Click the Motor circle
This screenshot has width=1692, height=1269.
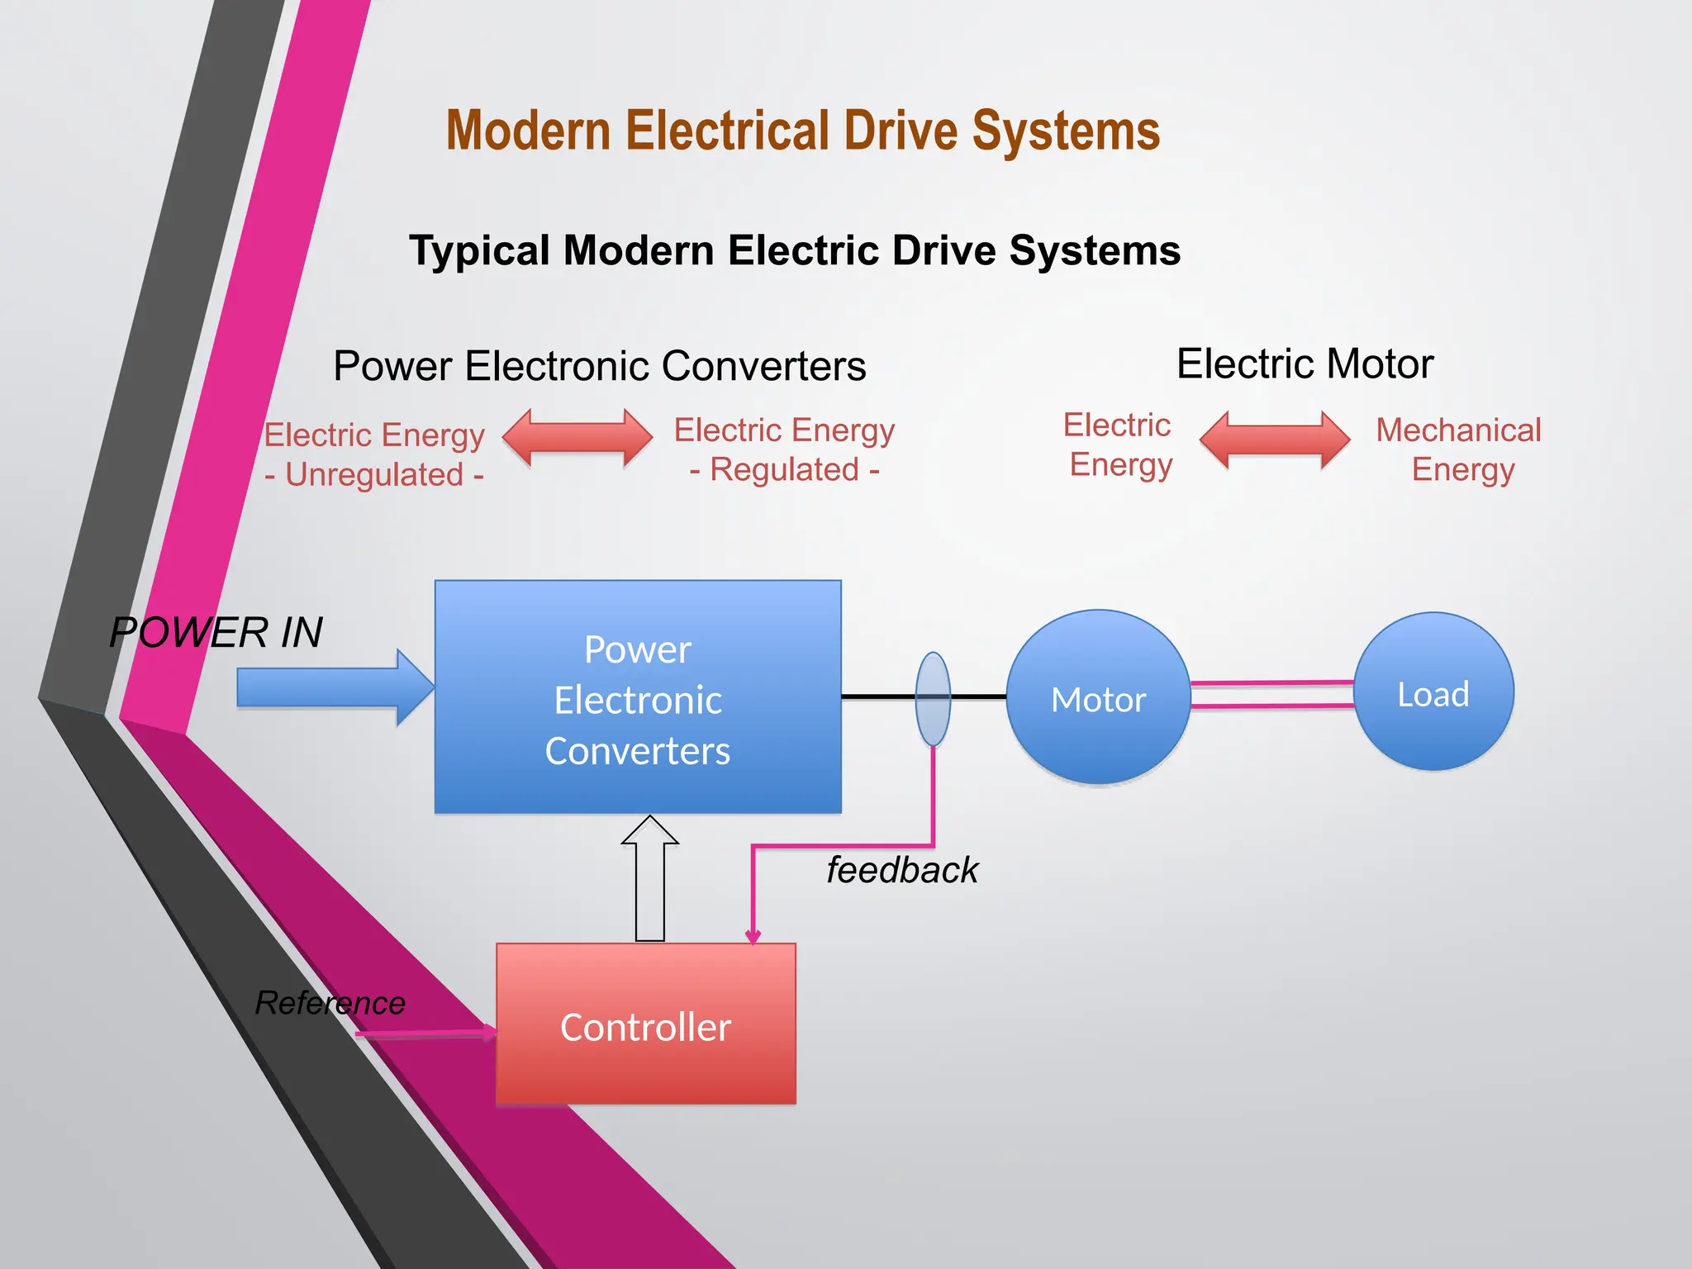pyautogui.click(x=1098, y=697)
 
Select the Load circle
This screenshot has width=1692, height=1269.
pyautogui.click(x=1433, y=692)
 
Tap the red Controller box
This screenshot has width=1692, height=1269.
pyautogui.click(x=645, y=1024)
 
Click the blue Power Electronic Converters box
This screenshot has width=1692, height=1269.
pyautogui.click(x=638, y=697)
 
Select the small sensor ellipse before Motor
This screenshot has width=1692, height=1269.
pyautogui.click(x=933, y=699)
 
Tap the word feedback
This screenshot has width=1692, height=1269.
pyautogui.click(x=902, y=870)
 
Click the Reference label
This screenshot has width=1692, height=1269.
pyautogui.click(x=330, y=1003)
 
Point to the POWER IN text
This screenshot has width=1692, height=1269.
pyautogui.click(x=216, y=633)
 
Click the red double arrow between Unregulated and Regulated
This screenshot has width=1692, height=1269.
pyautogui.click(x=577, y=439)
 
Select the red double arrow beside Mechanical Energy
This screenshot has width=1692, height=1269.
pyautogui.click(x=1274, y=440)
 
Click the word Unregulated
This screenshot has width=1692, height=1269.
pyautogui.click(x=374, y=475)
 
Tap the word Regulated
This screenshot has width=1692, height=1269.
pyautogui.click(x=785, y=470)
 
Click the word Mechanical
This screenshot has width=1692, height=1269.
pyautogui.click(x=1458, y=430)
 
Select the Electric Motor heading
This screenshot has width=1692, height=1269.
pyautogui.click(x=1305, y=364)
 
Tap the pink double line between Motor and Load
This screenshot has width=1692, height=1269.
pyautogui.click(x=1271, y=694)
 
